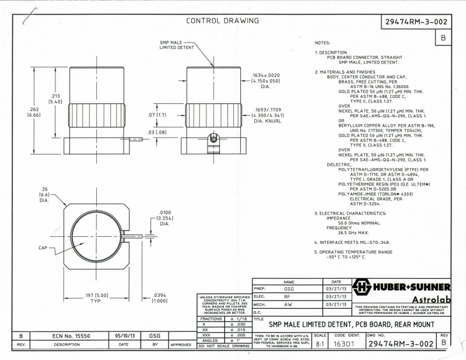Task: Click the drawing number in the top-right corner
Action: pos(416,22)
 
